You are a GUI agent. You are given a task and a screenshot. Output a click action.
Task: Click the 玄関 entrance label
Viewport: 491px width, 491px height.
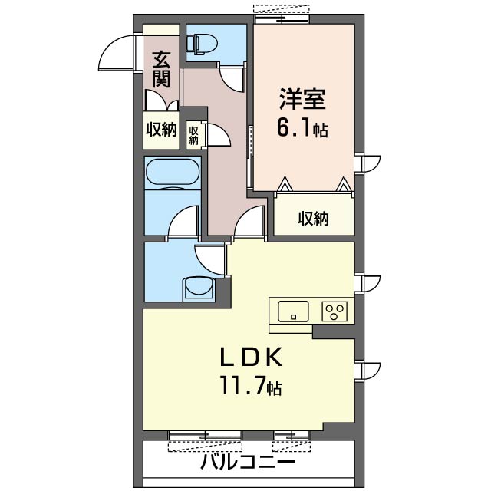(x=161, y=69)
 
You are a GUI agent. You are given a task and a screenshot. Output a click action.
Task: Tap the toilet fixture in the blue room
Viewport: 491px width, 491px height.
(x=201, y=44)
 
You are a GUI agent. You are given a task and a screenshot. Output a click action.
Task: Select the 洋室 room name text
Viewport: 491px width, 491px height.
(x=302, y=99)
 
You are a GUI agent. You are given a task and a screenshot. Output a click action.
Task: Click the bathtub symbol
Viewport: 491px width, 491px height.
(x=172, y=172)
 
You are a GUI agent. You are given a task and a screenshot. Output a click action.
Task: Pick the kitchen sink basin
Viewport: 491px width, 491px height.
(x=293, y=311)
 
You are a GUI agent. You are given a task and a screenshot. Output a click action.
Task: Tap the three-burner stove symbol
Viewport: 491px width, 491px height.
(x=334, y=311)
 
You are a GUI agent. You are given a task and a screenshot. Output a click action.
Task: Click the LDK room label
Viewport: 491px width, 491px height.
(x=251, y=358)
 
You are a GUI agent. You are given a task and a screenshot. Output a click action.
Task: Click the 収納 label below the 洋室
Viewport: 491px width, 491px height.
(x=313, y=219)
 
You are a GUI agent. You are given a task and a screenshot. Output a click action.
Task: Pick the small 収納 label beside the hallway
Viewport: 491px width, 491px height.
(x=193, y=136)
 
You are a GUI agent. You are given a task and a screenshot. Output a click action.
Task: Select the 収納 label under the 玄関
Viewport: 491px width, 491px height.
(x=162, y=130)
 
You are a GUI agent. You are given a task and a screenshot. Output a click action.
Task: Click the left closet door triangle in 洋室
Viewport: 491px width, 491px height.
(x=285, y=184)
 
